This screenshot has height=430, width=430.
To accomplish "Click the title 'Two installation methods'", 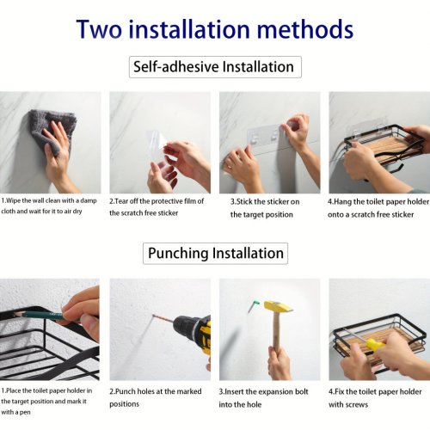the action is (215, 29).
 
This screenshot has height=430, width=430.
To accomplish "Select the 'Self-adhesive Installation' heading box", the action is (215, 67).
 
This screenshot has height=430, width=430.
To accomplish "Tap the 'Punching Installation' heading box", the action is (215, 254).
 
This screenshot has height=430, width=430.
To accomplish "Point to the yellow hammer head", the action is (278, 307).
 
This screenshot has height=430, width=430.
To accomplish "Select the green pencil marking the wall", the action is (40, 316).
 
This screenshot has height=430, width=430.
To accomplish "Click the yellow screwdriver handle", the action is (375, 344).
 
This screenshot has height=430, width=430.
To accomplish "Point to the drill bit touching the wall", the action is (163, 318).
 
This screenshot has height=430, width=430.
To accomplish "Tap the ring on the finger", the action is (231, 165).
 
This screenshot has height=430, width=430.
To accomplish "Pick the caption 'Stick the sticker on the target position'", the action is (265, 208).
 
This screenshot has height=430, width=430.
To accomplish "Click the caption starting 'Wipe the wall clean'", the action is (49, 206).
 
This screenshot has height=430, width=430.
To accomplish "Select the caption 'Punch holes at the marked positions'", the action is (156, 397).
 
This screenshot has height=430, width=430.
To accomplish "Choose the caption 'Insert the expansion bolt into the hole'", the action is (263, 398).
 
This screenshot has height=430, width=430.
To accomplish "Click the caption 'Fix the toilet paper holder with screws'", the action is (375, 398).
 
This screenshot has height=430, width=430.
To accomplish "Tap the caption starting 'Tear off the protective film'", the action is (157, 207).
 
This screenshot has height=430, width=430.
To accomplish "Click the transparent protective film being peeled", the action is (157, 143).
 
